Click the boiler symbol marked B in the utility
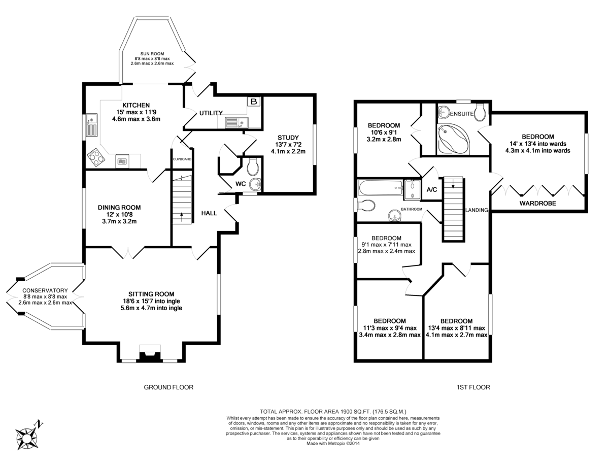tap(253, 101)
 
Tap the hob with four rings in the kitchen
tap(96, 157)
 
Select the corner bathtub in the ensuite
tap(453, 139)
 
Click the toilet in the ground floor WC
tap(252, 167)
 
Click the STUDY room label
tap(288, 138)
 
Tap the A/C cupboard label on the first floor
tap(431, 190)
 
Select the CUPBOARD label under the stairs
tap(182, 159)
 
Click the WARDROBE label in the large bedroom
tap(537, 204)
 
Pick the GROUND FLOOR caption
tap(168, 387)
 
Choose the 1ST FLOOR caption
tap(473, 387)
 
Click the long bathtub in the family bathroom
tap(381, 188)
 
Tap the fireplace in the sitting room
tap(150, 353)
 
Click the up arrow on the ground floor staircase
tap(182, 216)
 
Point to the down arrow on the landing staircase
tap(453, 184)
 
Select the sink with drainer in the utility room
tap(236, 122)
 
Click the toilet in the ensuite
tap(480, 113)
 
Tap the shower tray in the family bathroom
tap(412, 189)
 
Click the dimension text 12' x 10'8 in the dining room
tap(119, 214)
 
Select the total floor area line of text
tap(333, 412)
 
